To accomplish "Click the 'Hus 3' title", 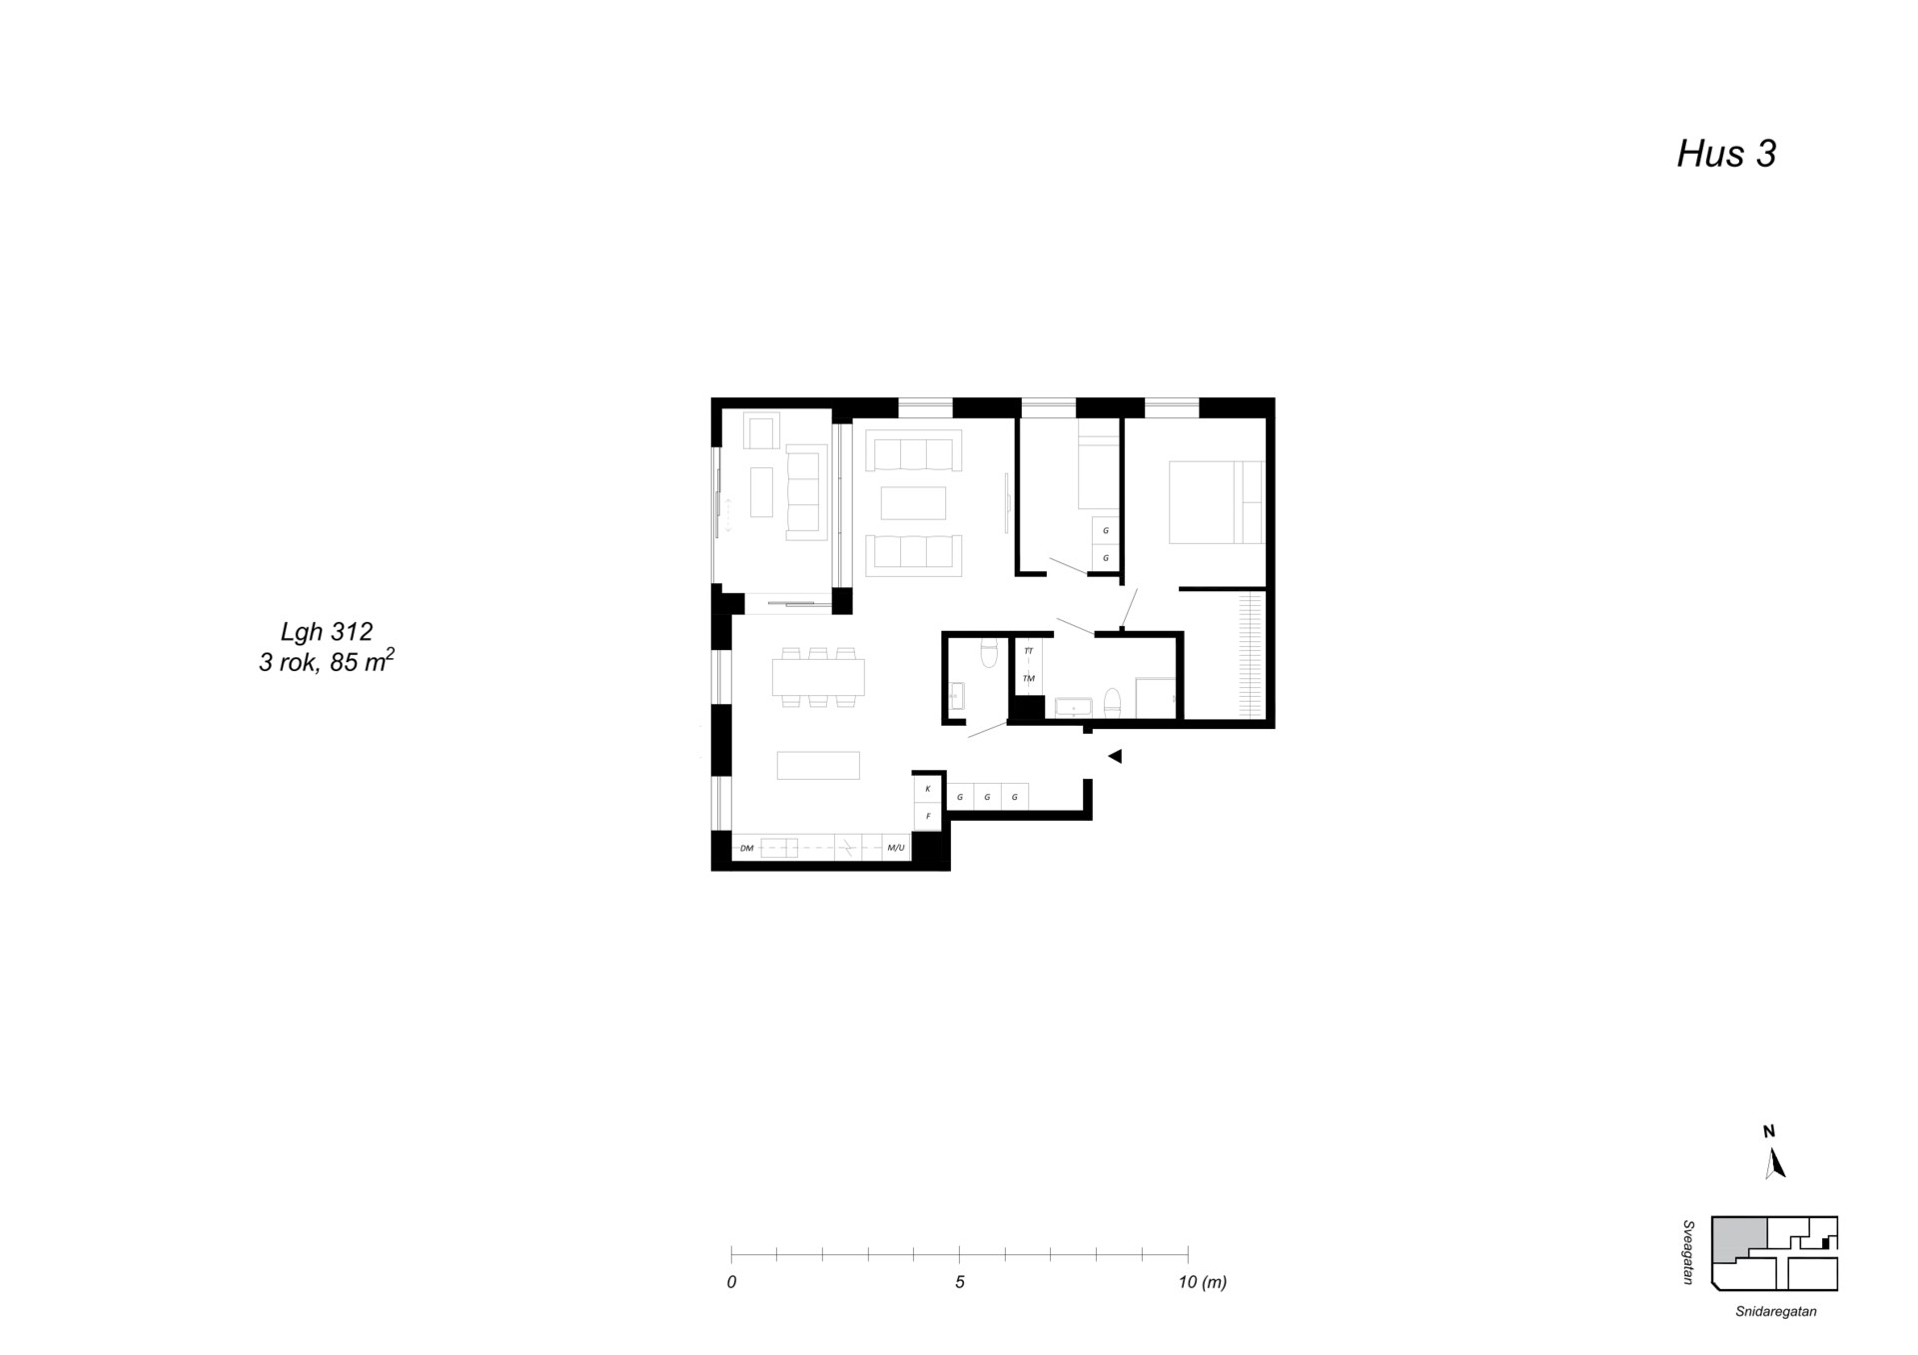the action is pyautogui.click(x=1726, y=154).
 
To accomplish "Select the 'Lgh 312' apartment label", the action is pyautogui.click(x=327, y=631).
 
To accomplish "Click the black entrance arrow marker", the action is pyautogui.click(x=1115, y=757).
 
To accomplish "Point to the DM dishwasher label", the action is pyautogui.click(x=746, y=849).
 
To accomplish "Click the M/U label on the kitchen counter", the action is pyautogui.click(x=895, y=849).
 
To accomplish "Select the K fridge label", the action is pyautogui.click(x=928, y=789).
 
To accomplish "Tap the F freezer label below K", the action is pyautogui.click(x=928, y=817).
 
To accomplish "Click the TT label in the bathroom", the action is pyautogui.click(x=1029, y=651).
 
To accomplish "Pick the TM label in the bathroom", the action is pyautogui.click(x=1029, y=679).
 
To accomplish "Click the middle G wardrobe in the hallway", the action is pyautogui.click(x=987, y=797).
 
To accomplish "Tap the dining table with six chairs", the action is pyautogui.click(x=818, y=678).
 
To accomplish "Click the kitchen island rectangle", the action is pyautogui.click(x=818, y=765).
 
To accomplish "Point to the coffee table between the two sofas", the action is pyautogui.click(x=913, y=503).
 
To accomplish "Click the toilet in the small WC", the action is pyautogui.click(x=989, y=652).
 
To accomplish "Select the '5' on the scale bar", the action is pyautogui.click(x=960, y=1282).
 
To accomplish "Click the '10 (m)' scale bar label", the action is pyautogui.click(x=1203, y=1282).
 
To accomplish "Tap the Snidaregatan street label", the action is pyautogui.click(x=1775, y=1312).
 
